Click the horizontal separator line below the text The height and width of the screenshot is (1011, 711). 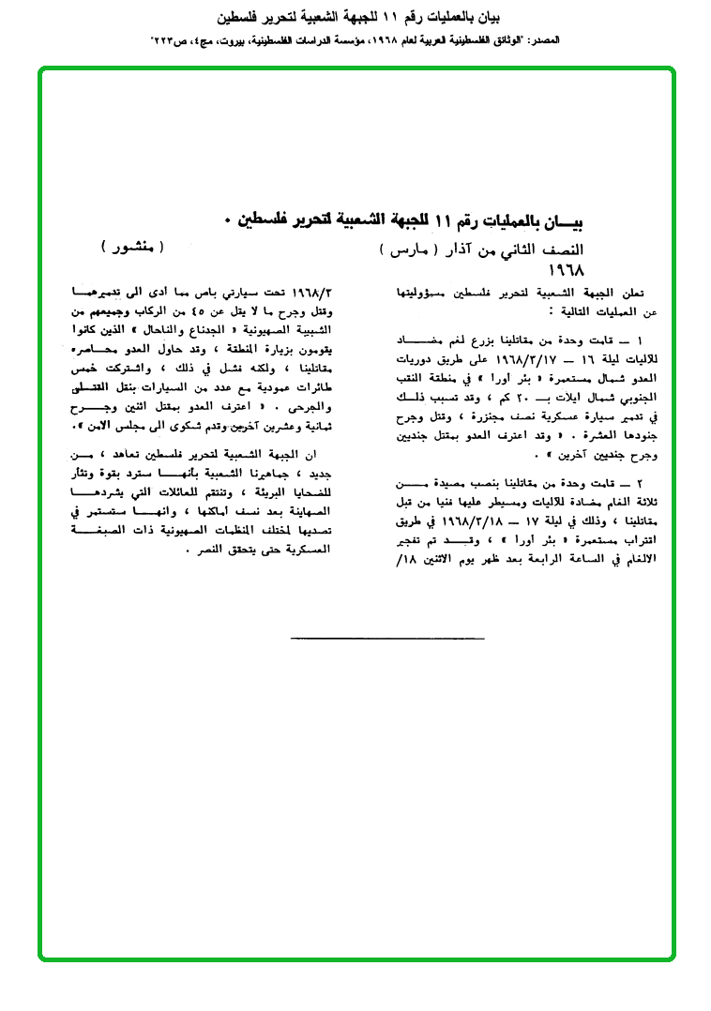pos(387,638)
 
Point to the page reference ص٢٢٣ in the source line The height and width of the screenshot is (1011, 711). pos(168,41)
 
